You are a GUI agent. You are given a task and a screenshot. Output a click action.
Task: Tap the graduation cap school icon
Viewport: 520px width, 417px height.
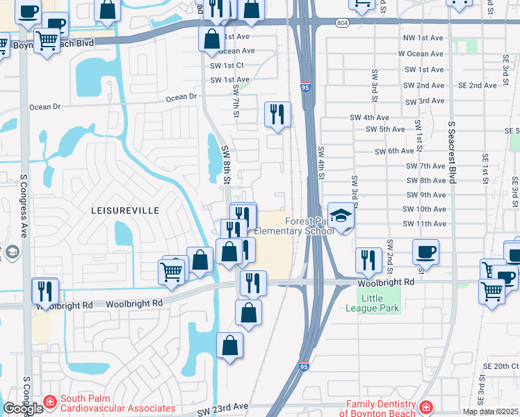341,216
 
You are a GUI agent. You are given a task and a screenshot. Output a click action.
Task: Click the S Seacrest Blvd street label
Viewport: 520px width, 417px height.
451,153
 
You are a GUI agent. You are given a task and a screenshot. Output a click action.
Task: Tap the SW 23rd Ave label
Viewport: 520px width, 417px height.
222,410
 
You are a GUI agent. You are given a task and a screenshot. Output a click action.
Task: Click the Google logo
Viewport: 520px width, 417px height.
23,409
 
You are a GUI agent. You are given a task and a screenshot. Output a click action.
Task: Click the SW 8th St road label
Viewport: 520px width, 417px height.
226,165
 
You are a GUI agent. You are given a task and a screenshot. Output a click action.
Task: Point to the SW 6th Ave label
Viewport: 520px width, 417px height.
394,151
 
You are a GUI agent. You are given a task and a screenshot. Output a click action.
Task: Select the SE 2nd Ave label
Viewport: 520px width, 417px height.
478,85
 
